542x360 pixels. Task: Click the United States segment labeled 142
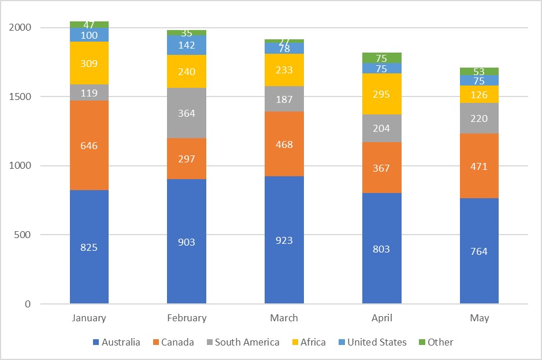point(187,45)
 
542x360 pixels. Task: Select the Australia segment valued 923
point(284,240)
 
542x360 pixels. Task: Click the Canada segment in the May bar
point(479,166)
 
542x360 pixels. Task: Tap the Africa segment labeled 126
point(479,94)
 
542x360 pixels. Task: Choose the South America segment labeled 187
point(284,99)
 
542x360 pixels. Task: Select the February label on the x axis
point(187,318)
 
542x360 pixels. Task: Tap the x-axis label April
point(381,318)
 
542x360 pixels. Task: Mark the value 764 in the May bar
point(479,251)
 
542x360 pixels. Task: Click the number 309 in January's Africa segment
point(89,64)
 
